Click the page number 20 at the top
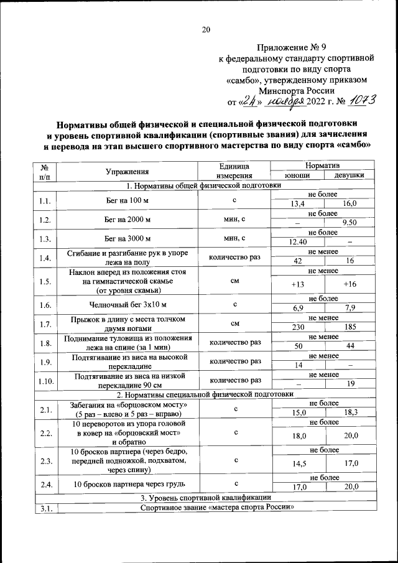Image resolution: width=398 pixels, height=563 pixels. (206, 29)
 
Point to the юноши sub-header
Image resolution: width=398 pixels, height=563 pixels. (297, 176)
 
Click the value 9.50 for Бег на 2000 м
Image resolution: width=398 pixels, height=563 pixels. (349, 222)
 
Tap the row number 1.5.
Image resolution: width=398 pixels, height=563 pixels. (44, 281)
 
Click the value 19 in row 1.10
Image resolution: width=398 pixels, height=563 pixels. (349, 384)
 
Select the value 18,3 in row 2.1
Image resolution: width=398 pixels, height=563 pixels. (349, 412)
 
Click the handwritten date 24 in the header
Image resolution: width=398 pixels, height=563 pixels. (251, 100)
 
